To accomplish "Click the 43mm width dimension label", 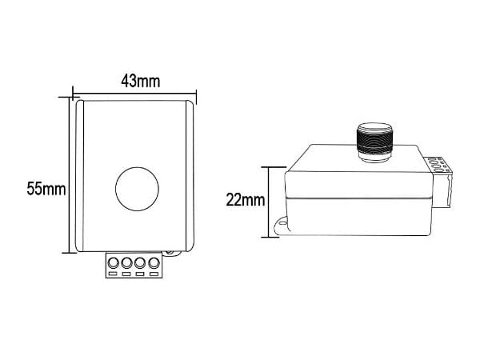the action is pyautogui.click(x=141, y=82).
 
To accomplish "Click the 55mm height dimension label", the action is pyautogui.click(x=46, y=189).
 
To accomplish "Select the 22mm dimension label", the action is pyautogui.click(x=246, y=200).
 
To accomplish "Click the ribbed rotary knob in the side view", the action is pyautogui.click(x=374, y=142).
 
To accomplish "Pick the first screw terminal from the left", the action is pyautogui.click(x=114, y=262).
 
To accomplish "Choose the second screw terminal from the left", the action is pyautogui.click(x=126, y=262).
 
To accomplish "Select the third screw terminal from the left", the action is pyautogui.click(x=140, y=262).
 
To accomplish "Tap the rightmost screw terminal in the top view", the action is pyautogui.click(x=154, y=262).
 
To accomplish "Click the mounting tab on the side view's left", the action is pyautogui.click(x=281, y=226).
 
